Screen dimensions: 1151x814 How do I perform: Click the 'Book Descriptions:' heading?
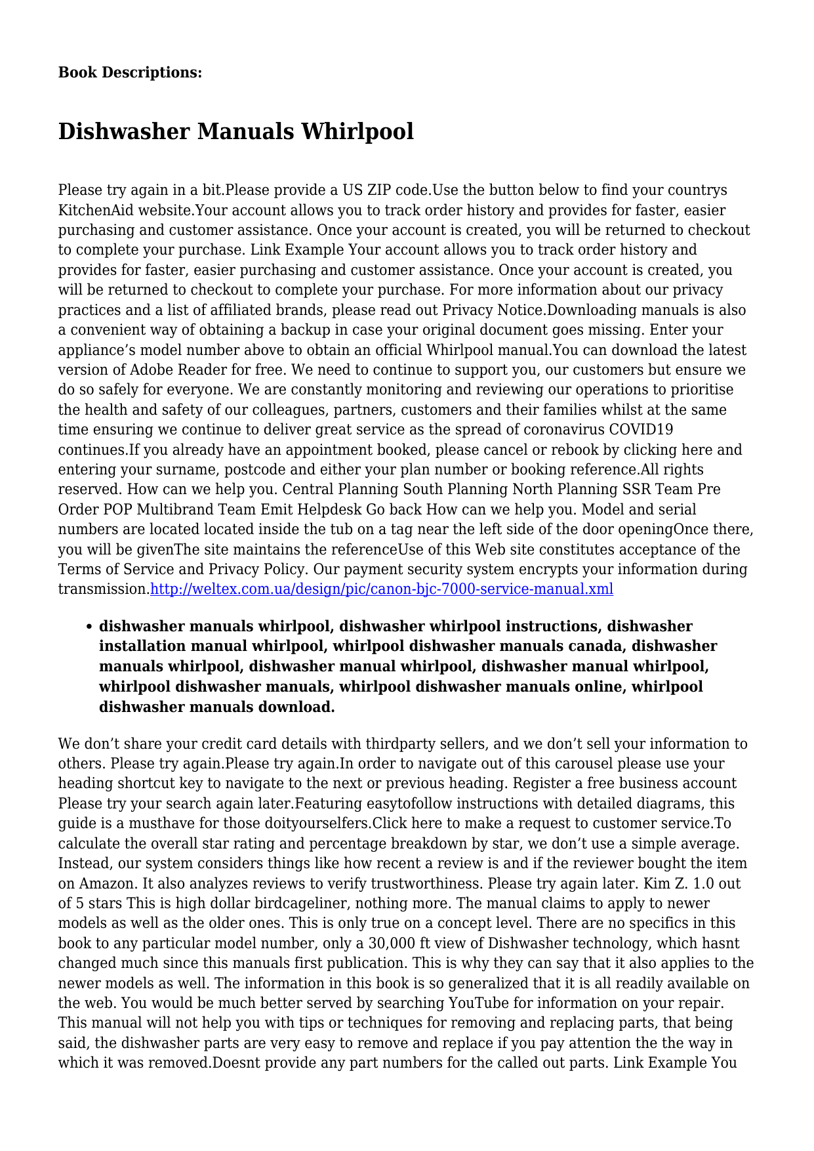click(130, 73)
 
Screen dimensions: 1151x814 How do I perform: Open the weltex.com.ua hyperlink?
click(382, 589)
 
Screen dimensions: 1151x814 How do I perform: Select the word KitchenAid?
click(92, 211)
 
